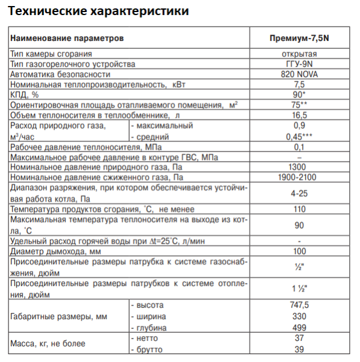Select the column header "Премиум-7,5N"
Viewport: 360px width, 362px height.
[x=299, y=38]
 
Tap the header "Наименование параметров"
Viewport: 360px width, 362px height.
[x=67, y=38]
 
